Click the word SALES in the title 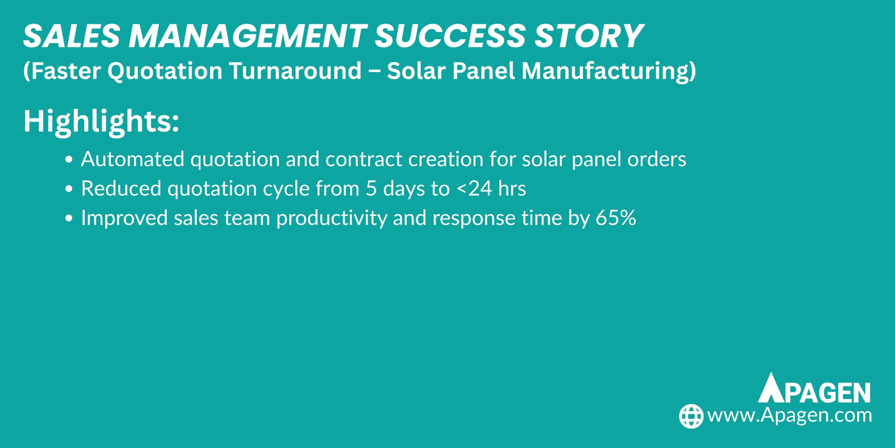(72, 36)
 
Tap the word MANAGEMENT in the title (248, 36)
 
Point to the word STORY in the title (589, 36)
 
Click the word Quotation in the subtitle (165, 71)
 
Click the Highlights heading (101, 121)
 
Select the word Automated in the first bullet (133, 159)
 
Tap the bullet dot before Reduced (69, 189)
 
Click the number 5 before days (371, 189)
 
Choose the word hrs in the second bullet (512, 189)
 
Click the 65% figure (616, 218)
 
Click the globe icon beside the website (691, 416)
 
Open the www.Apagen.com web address (789, 415)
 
